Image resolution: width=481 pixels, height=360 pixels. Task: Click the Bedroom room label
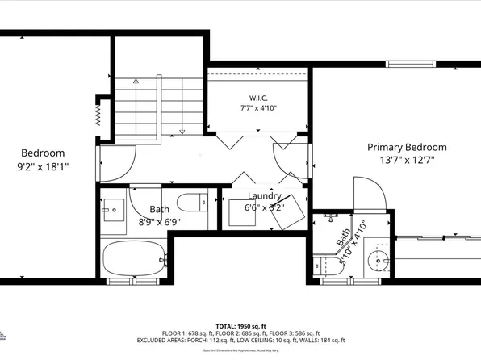(43, 153)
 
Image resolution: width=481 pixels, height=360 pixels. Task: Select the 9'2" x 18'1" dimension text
(43, 166)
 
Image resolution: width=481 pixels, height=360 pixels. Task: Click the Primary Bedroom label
(407, 147)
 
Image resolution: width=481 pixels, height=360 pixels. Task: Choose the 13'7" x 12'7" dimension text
(407, 160)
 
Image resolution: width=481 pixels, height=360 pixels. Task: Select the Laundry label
(265, 196)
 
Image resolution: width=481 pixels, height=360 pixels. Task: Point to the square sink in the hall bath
(112, 210)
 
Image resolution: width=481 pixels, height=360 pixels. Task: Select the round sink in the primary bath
(379, 261)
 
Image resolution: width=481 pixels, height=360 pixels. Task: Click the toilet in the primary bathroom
(324, 264)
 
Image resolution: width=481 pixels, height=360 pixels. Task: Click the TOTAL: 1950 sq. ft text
(240, 324)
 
